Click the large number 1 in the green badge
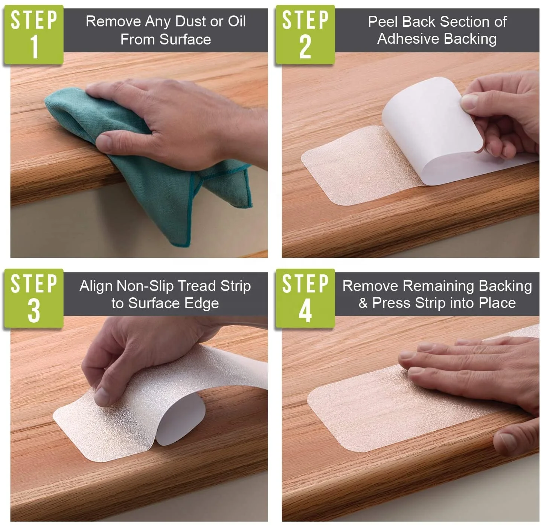tap(35, 46)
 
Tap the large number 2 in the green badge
tap(305, 47)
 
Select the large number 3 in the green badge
tap(34, 311)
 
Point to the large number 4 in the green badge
tap(305, 311)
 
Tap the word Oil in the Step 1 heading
tap(237, 21)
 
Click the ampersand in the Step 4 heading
tap(363, 303)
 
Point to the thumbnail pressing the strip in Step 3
tap(102, 396)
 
